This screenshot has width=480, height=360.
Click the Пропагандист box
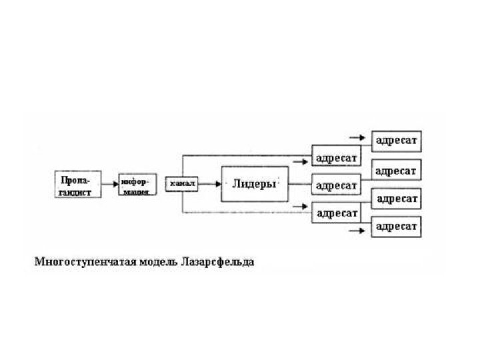(77, 184)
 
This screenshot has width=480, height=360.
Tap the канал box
(182, 183)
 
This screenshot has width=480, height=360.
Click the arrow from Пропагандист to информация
(109, 184)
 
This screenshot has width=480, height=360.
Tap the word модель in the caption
(155, 261)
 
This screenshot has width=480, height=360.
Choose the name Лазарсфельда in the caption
(217, 261)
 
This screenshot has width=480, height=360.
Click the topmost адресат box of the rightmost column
(397, 141)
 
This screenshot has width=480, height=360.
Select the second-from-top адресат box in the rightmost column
(397, 171)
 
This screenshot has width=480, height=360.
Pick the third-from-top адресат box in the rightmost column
(397, 199)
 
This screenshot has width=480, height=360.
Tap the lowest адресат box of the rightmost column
(397, 227)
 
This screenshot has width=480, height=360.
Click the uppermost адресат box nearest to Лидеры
(337, 158)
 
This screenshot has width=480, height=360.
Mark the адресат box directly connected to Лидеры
(337, 185)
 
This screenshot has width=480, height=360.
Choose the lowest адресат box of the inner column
(337, 213)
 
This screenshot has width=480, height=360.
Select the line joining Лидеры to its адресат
(300, 183)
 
